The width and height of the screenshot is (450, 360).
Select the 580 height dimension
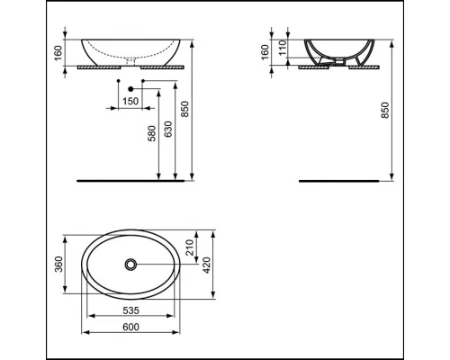[x=154, y=136]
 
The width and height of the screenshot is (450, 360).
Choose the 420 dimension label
[x=208, y=265]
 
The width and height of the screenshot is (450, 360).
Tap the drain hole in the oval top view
[x=131, y=265]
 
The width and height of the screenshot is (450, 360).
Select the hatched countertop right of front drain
[x=162, y=67]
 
